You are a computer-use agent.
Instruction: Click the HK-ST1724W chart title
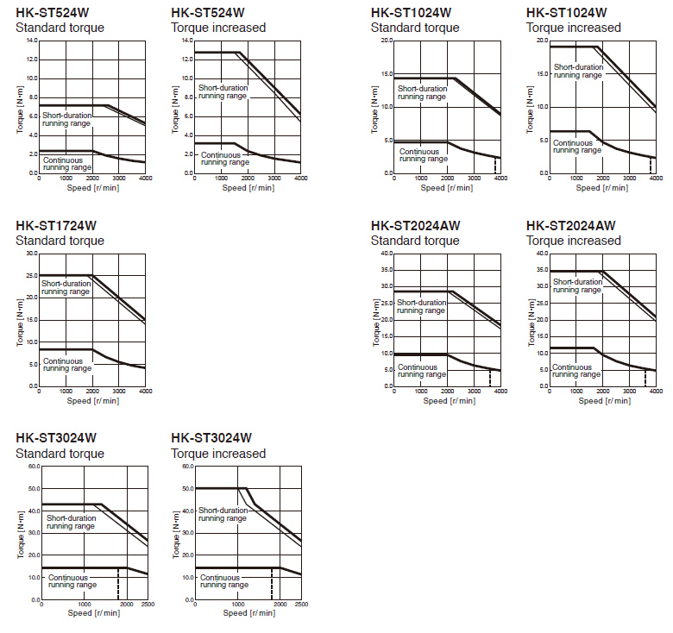(x=56, y=226)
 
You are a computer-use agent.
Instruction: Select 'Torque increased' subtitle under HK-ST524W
(x=218, y=28)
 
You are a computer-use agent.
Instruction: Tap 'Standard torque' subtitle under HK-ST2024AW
(x=414, y=241)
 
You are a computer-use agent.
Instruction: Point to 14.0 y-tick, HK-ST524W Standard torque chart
(x=32, y=41)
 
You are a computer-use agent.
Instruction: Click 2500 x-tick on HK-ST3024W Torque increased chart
(x=301, y=605)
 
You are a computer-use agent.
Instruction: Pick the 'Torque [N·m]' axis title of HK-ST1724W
(x=20, y=320)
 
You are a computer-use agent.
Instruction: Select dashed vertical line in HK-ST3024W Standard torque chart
(x=117, y=583)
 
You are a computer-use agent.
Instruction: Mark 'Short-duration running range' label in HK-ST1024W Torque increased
(x=577, y=71)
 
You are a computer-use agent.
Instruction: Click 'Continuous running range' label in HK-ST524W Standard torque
(x=67, y=163)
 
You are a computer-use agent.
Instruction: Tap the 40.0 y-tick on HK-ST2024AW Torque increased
(x=542, y=254)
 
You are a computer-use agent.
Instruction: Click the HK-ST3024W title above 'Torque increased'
(x=211, y=438)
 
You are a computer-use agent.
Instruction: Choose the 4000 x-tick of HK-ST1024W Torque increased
(x=656, y=179)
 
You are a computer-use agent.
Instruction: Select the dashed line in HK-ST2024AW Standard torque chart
(x=490, y=377)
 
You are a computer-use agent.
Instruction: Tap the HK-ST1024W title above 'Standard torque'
(x=411, y=13)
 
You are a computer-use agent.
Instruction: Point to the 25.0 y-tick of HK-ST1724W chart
(x=32, y=276)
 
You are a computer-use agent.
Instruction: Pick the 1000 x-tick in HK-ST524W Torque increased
(x=222, y=179)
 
